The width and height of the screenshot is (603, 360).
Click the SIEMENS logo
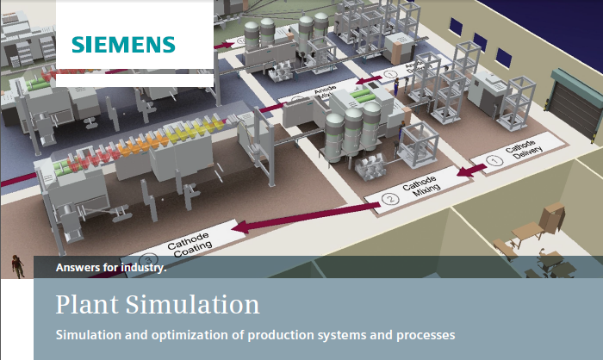point(123,44)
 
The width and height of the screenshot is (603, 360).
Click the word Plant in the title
point(84,305)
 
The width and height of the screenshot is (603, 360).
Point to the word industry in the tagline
point(139,267)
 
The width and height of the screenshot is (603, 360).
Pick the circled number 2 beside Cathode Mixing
point(389,201)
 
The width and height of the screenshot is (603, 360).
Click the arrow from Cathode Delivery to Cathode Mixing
point(469,172)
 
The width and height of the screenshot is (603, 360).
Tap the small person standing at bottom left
point(16,266)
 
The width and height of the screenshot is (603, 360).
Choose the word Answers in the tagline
point(75,267)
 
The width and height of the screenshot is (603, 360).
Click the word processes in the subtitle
point(421,333)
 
